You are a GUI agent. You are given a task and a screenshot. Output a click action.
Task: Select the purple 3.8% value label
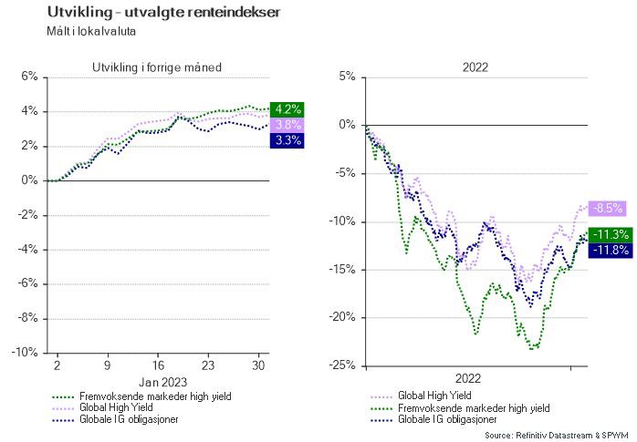pos(287,125)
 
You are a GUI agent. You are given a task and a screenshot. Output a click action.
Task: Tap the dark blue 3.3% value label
pos(287,140)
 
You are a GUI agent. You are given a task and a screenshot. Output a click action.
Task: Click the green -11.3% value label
pos(610,234)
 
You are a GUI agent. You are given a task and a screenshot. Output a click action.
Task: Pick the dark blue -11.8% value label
pos(610,249)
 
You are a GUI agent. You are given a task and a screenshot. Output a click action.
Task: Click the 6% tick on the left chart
pos(28,77)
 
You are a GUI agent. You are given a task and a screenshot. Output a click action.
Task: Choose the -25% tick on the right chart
pos(341,366)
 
